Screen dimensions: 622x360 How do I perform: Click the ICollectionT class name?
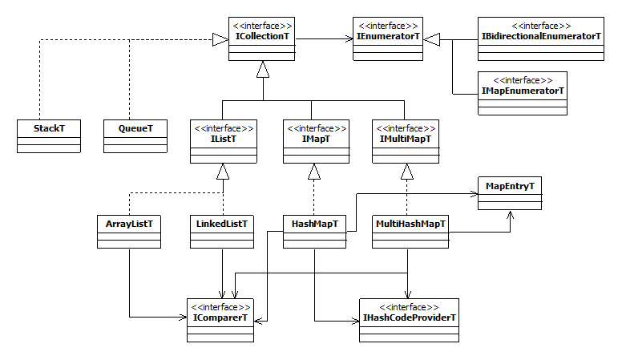[x=262, y=36]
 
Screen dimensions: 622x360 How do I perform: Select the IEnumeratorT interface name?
[x=388, y=36]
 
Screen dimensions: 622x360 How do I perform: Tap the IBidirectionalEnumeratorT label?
[x=541, y=36]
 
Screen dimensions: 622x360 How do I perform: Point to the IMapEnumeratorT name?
[x=523, y=91]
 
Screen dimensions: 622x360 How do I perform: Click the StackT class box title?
[x=49, y=128]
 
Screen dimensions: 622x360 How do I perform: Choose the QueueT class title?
[x=135, y=128]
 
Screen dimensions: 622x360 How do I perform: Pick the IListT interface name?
[x=224, y=139]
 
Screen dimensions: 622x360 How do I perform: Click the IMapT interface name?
[x=316, y=139]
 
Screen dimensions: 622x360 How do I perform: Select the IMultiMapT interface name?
[x=405, y=139]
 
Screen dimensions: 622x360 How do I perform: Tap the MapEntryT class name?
[x=510, y=186]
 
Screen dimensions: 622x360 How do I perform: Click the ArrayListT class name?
[x=129, y=224]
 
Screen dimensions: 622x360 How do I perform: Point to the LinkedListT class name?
[x=222, y=224]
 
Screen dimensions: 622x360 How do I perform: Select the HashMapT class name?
[x=314, y=224]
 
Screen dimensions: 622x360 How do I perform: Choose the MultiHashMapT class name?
[x=410, y=224]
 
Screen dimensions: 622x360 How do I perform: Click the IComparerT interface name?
[x=220, y=318]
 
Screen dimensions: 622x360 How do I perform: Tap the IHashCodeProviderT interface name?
[x=409, y=318]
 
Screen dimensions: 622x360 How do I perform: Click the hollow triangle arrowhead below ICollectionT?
[x=263, y=70]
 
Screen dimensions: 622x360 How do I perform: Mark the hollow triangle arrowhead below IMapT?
[x=314, y=172]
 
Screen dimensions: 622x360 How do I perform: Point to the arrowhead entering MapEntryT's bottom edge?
[x=510, y=216]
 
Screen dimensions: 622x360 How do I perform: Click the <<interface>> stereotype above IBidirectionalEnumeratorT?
[x=541, y=26]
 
